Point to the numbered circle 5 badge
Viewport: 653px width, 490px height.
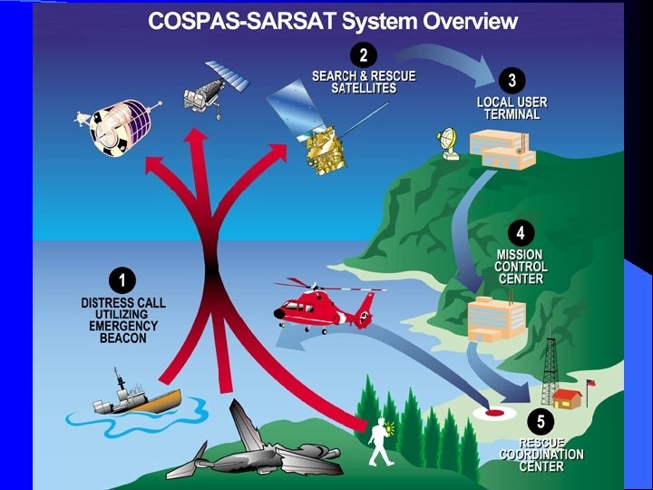click(x=541, y=421)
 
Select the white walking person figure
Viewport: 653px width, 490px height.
click(x=382, y=444)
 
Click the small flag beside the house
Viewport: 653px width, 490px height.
click(x=590, y=384)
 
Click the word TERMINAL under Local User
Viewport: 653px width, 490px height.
click(x=509, y=115)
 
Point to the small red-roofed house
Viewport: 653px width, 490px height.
click(x=568, y=398)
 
